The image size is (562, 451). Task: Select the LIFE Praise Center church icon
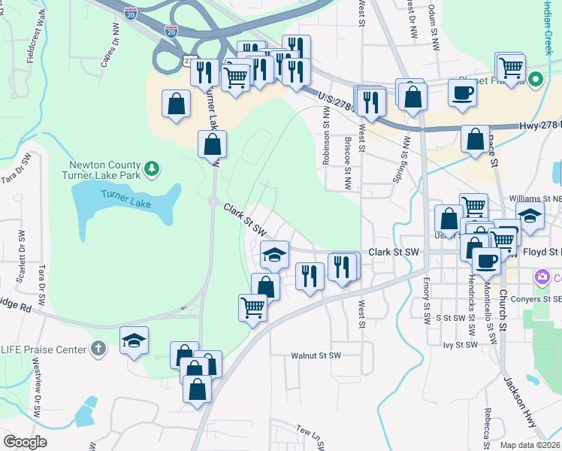coord(96,348)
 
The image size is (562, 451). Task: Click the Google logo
coord(25,442)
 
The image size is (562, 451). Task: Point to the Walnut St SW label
coord(316,355)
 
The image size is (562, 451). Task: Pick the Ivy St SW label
coord(461,345)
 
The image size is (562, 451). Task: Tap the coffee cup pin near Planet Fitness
coord(461,93)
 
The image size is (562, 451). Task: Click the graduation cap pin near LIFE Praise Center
coord(134,340)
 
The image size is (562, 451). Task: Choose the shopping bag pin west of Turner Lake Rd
coord(176,104)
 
